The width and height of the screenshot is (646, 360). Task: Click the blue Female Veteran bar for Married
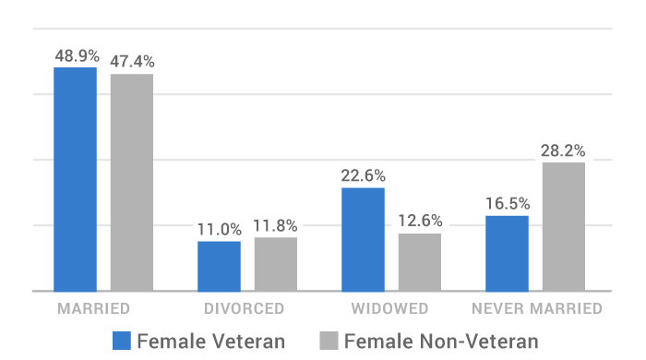point(75,179)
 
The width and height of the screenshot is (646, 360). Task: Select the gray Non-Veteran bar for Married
point(132,182)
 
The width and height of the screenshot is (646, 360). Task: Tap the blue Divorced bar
point(219,266)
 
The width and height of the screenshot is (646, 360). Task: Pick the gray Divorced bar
point(276,264)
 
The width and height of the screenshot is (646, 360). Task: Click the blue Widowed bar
point(363,239)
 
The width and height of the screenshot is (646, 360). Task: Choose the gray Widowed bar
point(420,262)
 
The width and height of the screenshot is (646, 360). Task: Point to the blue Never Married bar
point(507,253)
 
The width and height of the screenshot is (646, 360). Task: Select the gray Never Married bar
point(564,226)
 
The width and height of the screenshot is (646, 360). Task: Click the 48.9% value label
point(76,55)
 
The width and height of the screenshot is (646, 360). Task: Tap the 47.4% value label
point(132,62)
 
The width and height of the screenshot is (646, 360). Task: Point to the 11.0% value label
point(219,229)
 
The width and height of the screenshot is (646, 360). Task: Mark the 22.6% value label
point(363,175)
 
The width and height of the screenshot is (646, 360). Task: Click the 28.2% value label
point(564,150)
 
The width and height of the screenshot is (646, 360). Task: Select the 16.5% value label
point(507,203)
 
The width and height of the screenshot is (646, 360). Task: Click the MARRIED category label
point(92,308)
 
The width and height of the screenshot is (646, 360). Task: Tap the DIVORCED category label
point(246,308)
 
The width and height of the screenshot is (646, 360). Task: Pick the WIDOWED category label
point(390,308)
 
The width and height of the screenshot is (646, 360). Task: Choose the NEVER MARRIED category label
point(536,308)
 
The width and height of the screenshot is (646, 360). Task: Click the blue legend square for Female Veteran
point(122,340)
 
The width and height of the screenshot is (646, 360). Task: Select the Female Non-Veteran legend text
point(440,341)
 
